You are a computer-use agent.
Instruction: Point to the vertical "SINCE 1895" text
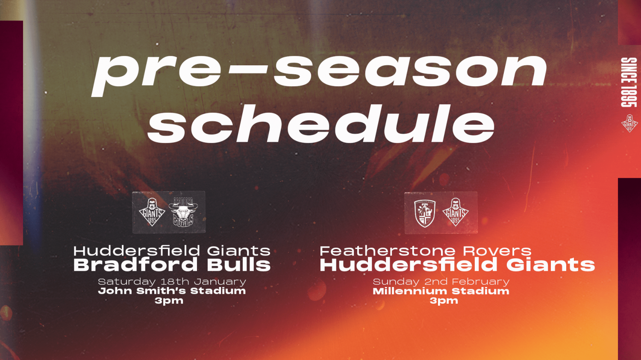629,82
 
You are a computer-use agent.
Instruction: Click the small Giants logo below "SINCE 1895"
629,123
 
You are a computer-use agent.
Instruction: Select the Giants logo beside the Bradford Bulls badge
152,212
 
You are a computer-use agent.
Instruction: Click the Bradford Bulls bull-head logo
183,212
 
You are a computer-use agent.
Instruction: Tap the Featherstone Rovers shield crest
425,214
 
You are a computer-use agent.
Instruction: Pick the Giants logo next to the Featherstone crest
456,212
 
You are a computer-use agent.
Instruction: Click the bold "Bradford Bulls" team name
172,265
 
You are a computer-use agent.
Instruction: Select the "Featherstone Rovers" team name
426,251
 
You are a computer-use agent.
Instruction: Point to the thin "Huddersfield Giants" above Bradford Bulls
172,251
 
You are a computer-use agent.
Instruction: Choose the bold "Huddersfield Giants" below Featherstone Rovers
457,265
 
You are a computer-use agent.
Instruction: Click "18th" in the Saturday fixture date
174,281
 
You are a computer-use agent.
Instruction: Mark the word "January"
220,282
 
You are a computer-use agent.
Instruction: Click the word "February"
481,282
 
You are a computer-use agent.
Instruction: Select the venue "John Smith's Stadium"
172,291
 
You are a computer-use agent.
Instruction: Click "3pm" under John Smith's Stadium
169,301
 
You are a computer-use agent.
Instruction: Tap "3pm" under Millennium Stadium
444,301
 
